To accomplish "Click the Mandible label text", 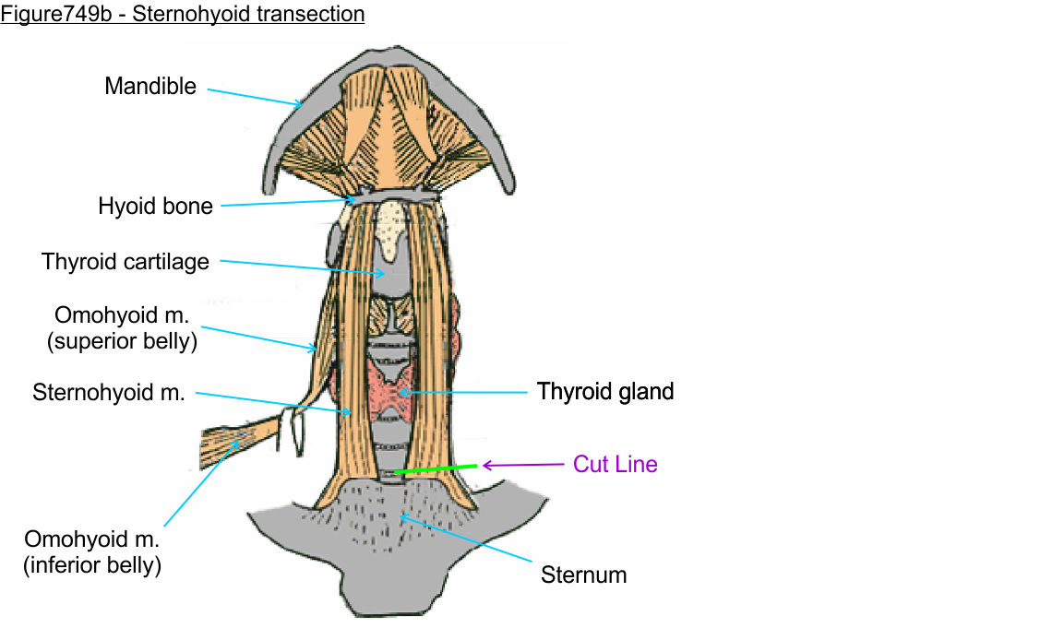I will (x=150, y=87).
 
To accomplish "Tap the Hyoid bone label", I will (x=155, y=206).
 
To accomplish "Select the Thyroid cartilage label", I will (x=126, y=262).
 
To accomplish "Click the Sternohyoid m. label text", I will (x=109, y=393).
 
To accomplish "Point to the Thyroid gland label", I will (x=605, y=392).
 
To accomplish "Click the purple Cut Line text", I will (x=616, y=464).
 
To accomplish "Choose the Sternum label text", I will (x=583, y=575).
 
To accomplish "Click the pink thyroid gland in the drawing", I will (x=392, y=387).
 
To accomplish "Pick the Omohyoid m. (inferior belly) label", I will (x=92, y=551).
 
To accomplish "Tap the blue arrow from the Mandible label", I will (x=254, y=96).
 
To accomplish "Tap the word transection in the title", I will (x=315, y=15).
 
